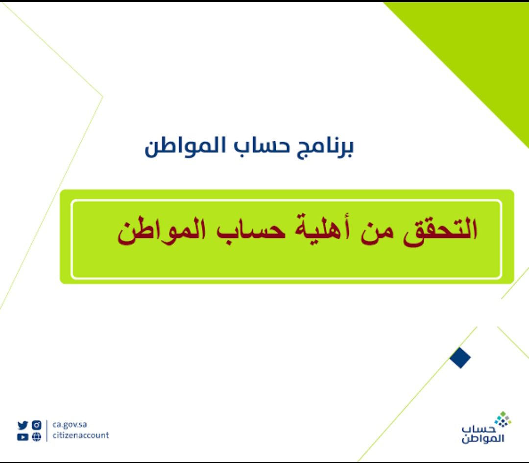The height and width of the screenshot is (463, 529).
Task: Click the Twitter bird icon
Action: click(23, 425)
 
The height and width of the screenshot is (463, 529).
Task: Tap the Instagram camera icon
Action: click(36, 425)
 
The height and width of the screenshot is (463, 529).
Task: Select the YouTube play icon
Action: click(23, 437)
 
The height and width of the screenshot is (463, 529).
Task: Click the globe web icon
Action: click(36, 437)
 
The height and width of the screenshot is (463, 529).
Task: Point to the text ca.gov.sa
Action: click(70, 425)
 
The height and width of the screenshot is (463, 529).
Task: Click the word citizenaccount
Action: click(81, 436)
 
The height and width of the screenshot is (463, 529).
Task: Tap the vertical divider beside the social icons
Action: click(47, 431)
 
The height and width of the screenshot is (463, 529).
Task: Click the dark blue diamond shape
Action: click(460, 358)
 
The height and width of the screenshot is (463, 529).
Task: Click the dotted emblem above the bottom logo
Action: click(503, 420)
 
